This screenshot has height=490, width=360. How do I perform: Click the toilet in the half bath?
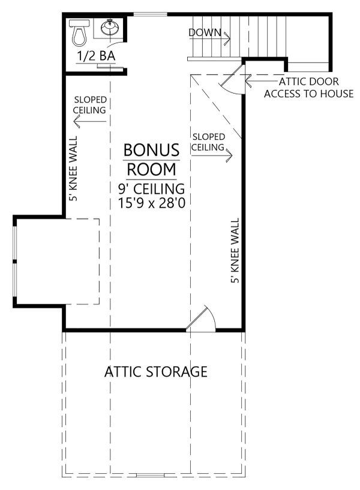pyautogui.click(x=79, y=34)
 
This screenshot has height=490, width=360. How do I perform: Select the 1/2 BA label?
pyautogui.click(x=96, y=57)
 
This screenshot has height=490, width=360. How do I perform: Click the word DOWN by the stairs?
pyautogui.click(x=205, y=32)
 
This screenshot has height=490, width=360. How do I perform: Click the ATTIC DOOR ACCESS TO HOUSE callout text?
pyautogui.click(x=308, y=88)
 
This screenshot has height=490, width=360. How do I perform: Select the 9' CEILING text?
pyautogui.click(x=151, y=189)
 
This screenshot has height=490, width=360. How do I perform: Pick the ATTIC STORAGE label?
pyautogui.click(x=156, y=372)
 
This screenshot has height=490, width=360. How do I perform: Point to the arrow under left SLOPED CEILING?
pyautogui.click(x=90, y=123)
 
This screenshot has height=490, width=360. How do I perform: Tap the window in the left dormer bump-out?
pyautogui.click(x=14, y=262)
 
